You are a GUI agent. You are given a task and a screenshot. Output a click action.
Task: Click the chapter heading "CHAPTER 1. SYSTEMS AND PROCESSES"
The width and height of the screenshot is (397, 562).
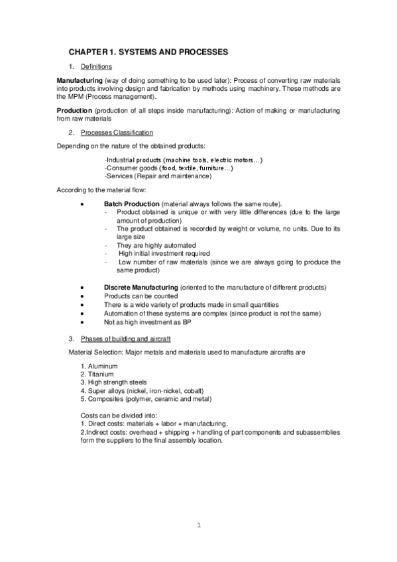[149, 51]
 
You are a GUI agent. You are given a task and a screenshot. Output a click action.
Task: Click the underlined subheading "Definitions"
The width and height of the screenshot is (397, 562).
[96, 67]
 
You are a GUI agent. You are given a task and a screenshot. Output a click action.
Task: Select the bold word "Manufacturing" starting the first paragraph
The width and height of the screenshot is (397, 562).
[80, 81]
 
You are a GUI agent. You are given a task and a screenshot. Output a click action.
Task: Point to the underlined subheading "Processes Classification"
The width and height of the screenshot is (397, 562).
[116, 133]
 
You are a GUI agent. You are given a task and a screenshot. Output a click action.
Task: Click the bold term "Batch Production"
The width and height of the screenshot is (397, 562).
[131, 203]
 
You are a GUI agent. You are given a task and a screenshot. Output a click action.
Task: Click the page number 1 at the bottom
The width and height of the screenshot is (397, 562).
[198, 526]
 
